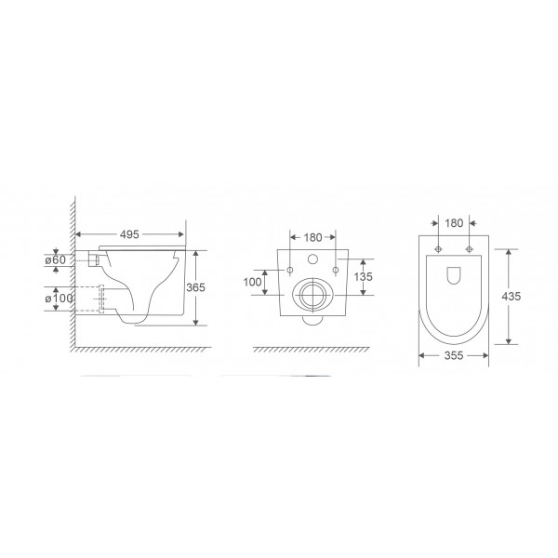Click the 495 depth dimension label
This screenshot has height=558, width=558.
tap(129, 235)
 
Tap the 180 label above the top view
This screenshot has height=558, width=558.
tap(455, 223)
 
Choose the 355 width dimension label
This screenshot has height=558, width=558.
tap(455, 354)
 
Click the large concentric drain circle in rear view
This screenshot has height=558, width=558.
tap(312, 299)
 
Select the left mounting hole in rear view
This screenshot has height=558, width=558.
tap(289, 271)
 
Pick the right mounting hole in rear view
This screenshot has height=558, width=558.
tap(335, 271)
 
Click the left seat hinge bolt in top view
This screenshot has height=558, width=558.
tap(439, 249)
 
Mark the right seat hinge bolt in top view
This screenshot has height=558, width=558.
tap(471, 249)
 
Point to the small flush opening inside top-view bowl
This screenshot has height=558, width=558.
tap(455, 274)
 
